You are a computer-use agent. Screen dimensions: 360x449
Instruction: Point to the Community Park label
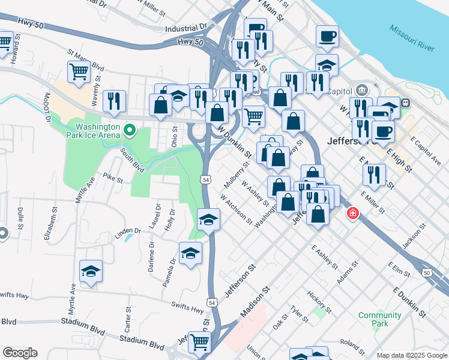tap(379, 319)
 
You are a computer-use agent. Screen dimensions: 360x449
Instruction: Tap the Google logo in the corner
tap(20, 353)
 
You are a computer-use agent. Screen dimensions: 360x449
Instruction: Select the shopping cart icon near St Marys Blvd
tap(79, 71)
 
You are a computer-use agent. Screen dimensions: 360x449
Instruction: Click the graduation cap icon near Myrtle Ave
tap(91, 271)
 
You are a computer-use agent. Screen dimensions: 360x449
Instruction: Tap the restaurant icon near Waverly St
tap(114, 101)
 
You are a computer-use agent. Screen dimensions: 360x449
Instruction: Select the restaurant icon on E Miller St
tap(373, 175)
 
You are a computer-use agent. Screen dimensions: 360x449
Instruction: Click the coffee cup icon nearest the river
tap(327, 36)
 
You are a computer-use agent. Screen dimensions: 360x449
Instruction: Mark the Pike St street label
tap(112, 178)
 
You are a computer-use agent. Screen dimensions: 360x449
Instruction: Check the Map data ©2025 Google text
tap(412, 355)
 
